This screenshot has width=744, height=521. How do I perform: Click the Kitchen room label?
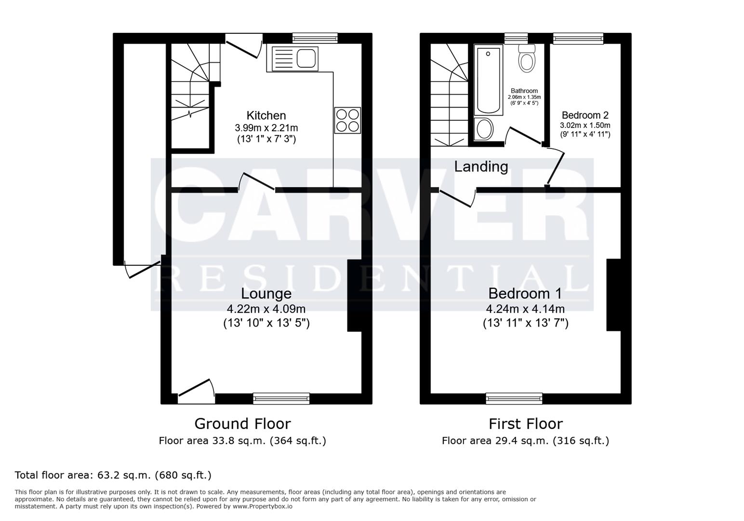266,115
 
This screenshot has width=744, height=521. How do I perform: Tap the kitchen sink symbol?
295,59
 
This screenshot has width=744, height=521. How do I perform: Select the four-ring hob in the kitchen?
347,120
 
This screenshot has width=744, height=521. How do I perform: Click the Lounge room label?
266,293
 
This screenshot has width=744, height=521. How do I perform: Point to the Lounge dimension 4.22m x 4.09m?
266,309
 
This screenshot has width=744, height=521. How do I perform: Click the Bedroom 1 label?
525,293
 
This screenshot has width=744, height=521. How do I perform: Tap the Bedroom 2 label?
585,115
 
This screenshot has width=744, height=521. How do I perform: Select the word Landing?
481,166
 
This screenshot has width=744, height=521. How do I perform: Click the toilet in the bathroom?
527,59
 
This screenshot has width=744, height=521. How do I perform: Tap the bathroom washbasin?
484,129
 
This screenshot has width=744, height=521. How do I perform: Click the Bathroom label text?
524,91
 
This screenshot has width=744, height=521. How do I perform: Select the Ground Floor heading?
242,424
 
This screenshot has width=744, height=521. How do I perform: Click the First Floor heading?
525,424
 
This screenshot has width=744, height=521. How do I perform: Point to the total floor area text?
113,475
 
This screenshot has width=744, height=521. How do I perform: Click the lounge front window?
281,398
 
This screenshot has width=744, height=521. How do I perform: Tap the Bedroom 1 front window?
514,398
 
